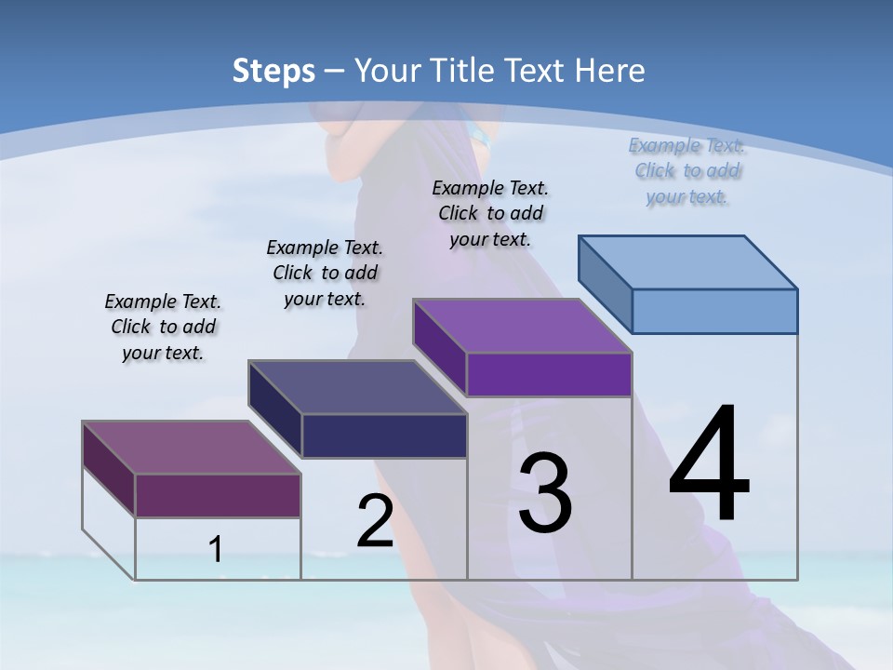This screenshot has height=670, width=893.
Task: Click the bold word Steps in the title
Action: click(x=273, y=71)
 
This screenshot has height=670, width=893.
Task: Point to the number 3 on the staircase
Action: click(x=545, y=493)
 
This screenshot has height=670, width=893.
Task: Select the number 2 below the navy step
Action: click(x=375, y=521)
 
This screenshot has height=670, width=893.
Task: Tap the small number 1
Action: click(x=216, y=550)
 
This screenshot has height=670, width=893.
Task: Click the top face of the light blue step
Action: click(x=688, y=261)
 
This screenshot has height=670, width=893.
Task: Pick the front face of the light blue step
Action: click(x=714, y=311)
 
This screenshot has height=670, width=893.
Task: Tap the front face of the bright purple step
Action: click(x=549, y=374)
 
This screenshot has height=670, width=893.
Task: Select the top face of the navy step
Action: click(x=357, y=386)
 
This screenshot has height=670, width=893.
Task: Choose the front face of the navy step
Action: click(x=384, y=435)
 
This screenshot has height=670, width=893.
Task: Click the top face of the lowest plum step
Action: click(x=192, y=448)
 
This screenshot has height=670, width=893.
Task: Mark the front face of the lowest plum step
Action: click(x=218, y=495)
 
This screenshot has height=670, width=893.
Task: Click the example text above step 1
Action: click(x=163, y=327)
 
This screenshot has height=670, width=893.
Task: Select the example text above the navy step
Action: click(x=325, y=273)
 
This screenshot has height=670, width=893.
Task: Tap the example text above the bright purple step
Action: click(x=490, y=213)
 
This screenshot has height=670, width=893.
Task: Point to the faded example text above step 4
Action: click(x=686, y=170)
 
